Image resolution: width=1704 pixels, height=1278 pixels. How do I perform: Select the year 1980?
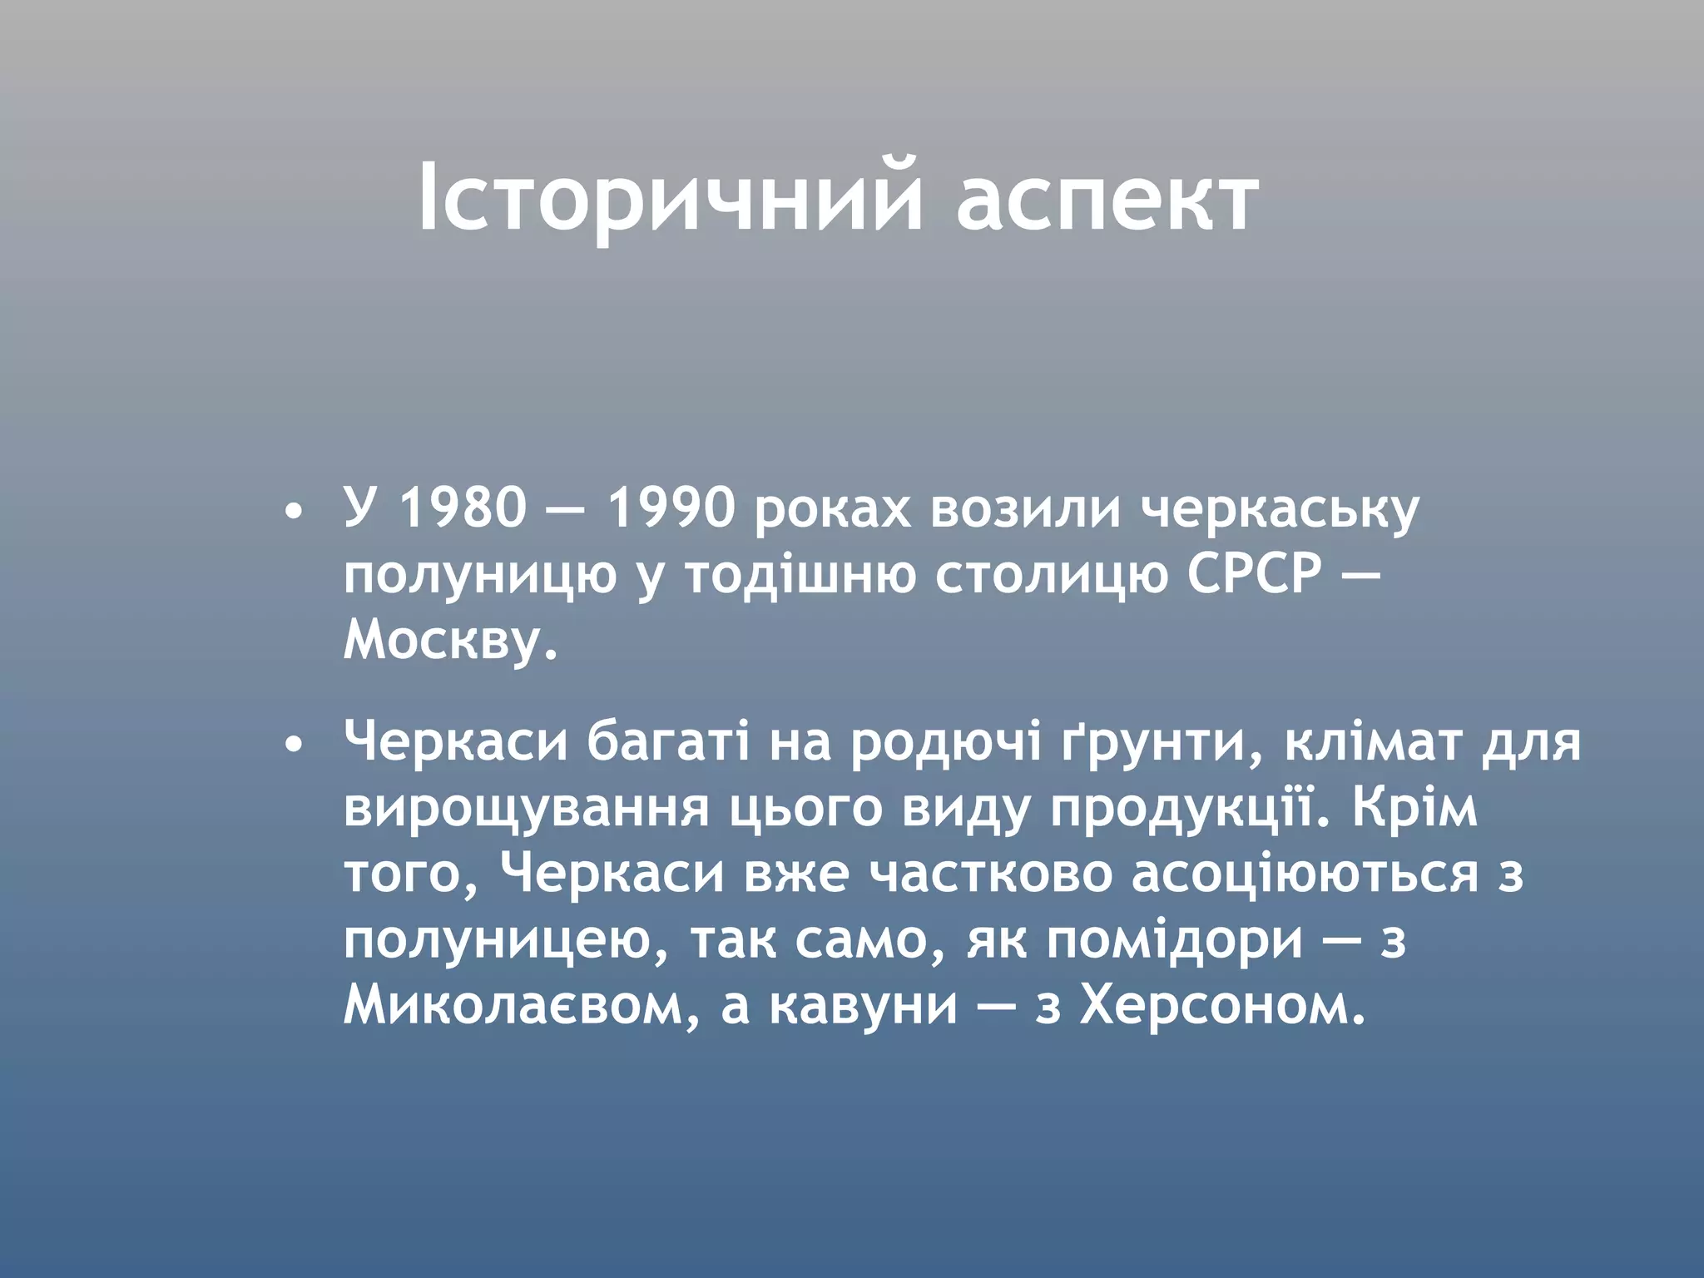463,508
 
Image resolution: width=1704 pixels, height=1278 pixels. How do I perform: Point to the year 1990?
671,508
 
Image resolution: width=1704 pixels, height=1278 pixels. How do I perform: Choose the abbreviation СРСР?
1254,574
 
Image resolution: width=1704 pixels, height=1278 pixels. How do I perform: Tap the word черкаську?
1279,509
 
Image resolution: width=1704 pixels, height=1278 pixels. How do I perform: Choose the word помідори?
1174,942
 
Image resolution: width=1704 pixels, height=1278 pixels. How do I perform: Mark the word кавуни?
863,1007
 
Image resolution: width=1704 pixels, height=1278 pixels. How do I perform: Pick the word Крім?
1414,809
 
